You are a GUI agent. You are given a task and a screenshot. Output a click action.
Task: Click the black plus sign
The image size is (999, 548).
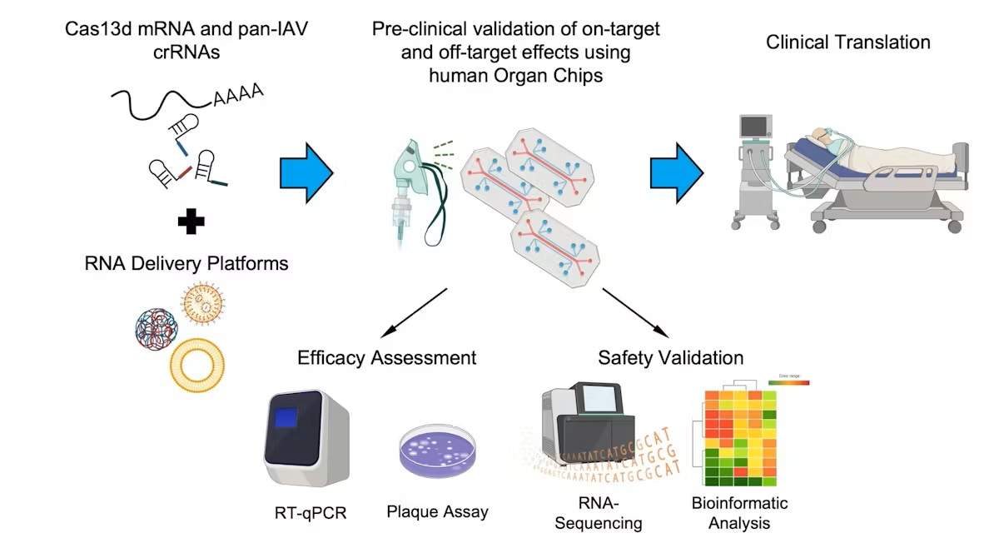click(191, 222)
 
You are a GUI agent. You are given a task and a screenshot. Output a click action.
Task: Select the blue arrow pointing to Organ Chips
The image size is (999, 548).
click(306, 172)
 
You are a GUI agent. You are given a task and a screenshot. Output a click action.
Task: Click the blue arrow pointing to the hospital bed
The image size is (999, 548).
click(676, 172)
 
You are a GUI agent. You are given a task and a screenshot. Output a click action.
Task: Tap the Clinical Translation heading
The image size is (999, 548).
click(848, 42)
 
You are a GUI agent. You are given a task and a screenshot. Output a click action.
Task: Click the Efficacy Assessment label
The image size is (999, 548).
click(386, 358)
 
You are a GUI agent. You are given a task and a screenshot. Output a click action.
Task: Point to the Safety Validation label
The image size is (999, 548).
click(670, 358)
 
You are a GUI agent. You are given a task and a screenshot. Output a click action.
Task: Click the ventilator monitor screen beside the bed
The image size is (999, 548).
click(756, 127)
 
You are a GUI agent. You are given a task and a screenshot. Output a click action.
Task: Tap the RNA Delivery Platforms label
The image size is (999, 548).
click(186, 264)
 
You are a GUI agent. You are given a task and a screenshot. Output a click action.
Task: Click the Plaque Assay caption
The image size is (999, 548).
click(437, 511)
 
